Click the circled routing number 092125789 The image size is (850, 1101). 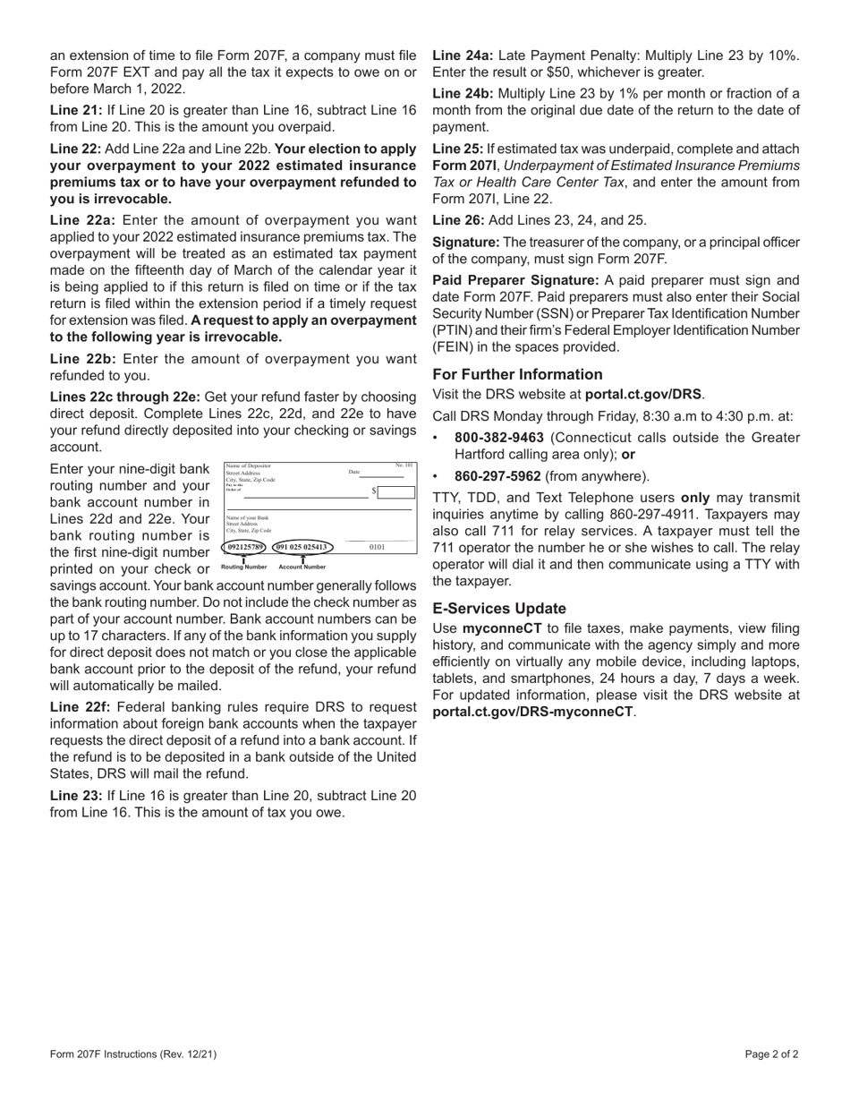[245, 546]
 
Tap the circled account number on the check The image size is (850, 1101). [302, 546]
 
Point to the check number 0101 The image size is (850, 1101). [377, 547]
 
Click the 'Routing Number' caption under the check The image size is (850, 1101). [243, 567]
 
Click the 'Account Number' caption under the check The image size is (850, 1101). [302, 567]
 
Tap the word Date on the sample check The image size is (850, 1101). [353, 472]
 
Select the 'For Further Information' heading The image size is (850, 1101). [517, 374]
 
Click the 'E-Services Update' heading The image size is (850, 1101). [498, 608]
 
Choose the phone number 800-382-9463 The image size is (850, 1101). [499, 438]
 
